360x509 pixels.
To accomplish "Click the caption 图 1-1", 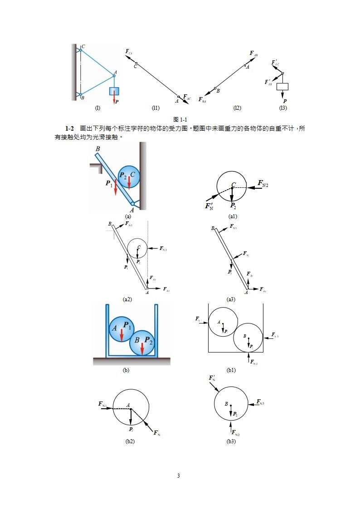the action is click(x=180, y=119).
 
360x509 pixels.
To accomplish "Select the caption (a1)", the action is click(x=233, y=216).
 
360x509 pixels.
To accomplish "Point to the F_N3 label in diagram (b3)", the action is click(x=260, y=402).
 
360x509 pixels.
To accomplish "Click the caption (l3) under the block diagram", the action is click(x=283, y=108).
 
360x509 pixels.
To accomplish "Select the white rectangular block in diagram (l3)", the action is click(x=282, y=86).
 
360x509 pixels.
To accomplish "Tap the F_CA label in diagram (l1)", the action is click(x=129, y=52).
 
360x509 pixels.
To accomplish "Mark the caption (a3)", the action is click(x=231, y=299).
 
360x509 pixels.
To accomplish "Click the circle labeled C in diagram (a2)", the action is click(x=137, y=249).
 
